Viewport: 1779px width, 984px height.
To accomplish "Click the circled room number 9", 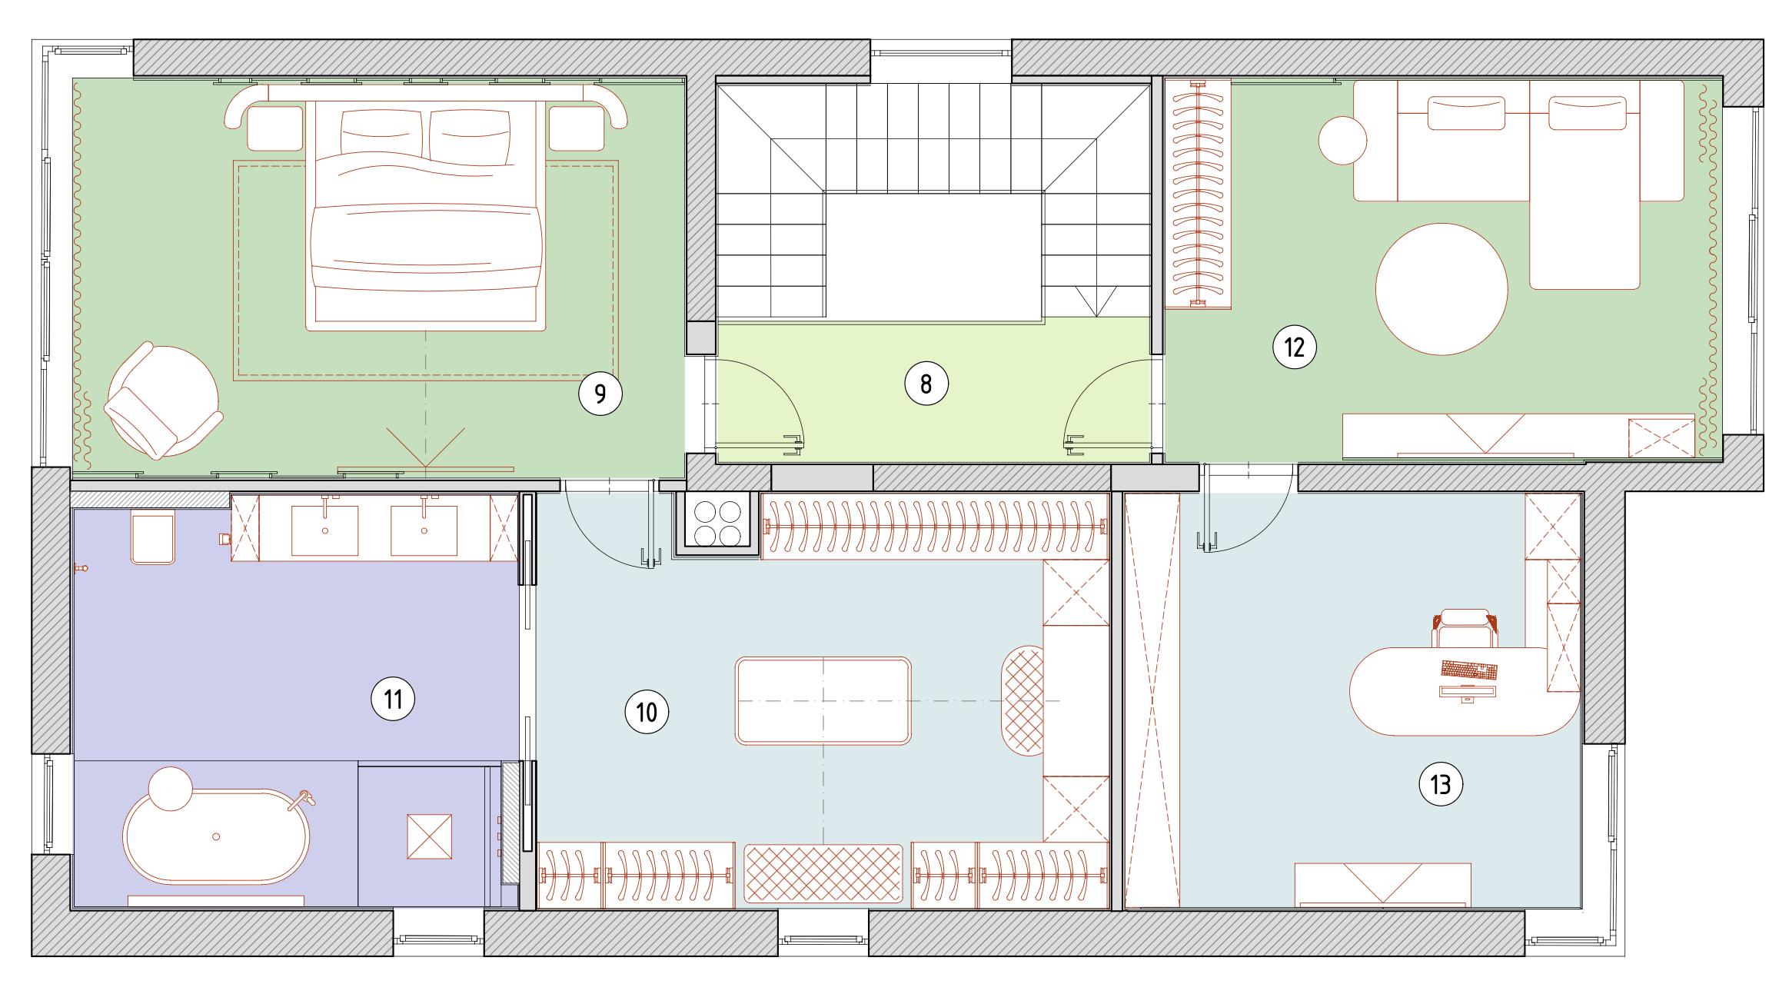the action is point(600,394).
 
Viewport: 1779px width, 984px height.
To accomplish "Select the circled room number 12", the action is point(1295,347).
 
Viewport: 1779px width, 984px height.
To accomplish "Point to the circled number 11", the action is point(393,700).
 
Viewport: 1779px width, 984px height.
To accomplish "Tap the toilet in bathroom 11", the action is point(153,537).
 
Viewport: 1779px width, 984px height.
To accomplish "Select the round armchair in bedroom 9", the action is point(163,401).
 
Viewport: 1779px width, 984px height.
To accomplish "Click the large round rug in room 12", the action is point(1441,289).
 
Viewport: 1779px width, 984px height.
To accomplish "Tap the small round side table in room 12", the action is point(1342,139).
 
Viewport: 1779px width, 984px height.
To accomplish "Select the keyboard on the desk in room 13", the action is point(1469,670).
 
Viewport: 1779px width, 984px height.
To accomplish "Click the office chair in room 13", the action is point(1466,627).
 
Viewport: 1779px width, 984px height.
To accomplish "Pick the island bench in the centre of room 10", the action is point(823,700).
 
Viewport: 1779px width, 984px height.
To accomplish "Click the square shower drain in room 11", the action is point(430,837).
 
